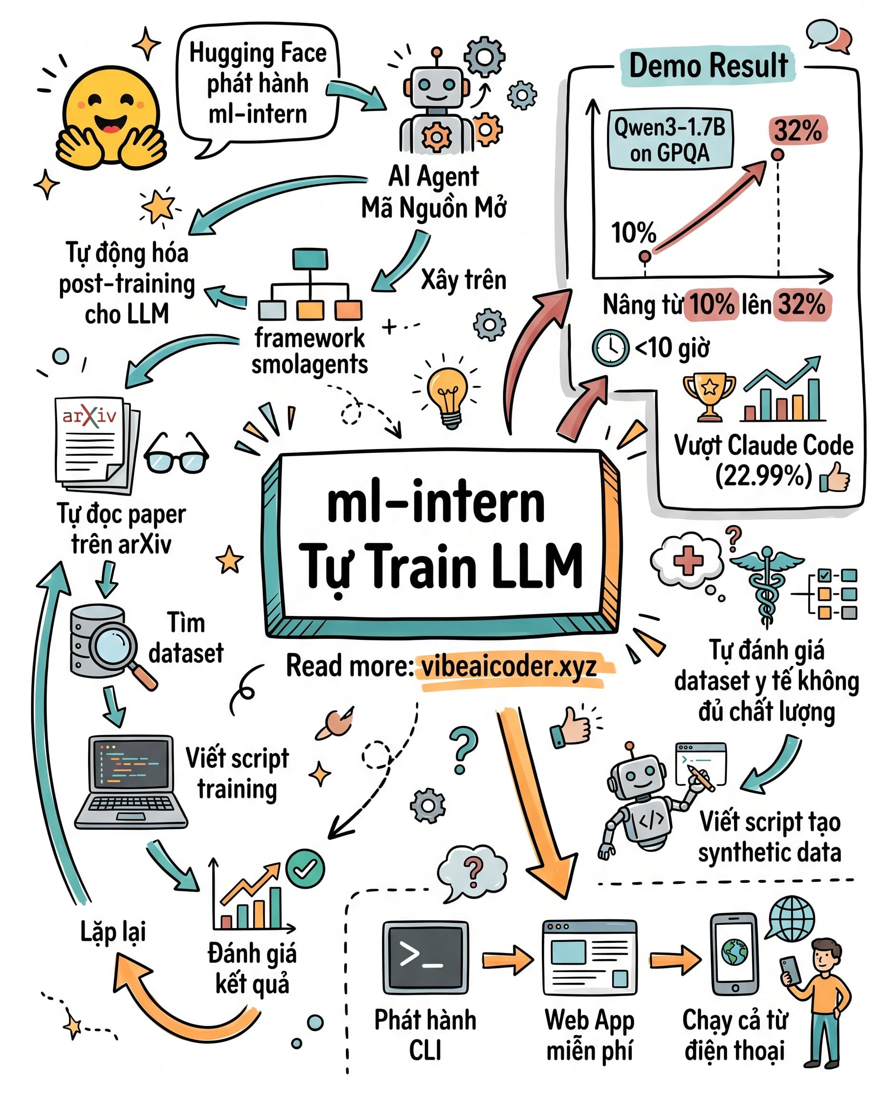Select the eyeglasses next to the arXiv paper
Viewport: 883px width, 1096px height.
[176, 454]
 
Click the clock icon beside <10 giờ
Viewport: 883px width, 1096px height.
[610, 348]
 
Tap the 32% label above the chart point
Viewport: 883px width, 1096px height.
[797, 130]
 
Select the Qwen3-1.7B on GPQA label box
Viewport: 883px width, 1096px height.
[670, 139]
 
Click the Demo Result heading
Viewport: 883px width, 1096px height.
[708, 66]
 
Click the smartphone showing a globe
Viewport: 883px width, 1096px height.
[735, 954]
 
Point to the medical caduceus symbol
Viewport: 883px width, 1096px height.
[766, 586]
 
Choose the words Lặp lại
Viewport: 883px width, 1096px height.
[113, 932]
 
